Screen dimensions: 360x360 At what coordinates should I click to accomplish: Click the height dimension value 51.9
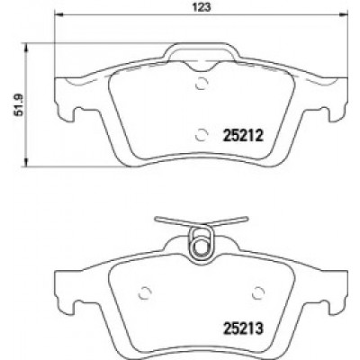click(20, 104)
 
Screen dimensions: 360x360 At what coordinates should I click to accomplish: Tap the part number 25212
click(243, 136)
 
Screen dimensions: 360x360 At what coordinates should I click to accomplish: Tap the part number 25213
click(243, 328)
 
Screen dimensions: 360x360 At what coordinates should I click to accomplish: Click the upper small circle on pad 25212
click(202, 84)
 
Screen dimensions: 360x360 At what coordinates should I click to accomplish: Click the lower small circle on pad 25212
click(202, 135)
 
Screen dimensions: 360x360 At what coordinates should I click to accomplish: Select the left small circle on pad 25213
click(145, 292)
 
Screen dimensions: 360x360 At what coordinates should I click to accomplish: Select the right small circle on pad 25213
click(258, 292)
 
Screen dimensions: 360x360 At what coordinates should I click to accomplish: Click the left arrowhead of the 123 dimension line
click(59, 14)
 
